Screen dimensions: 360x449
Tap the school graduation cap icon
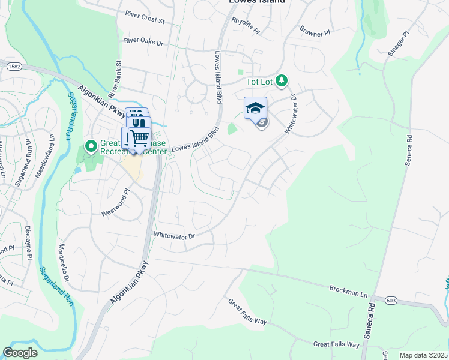coord(255,108)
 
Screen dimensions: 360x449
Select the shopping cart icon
coord(139,138)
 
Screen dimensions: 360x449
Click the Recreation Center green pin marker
coord(91,146)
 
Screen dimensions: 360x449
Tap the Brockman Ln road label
coord(348,289)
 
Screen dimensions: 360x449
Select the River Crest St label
coord(145,19)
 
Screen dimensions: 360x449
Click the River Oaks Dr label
coord(143,41)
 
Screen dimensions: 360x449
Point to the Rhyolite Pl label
coord(246,25)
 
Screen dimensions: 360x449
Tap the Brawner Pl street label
coord(315,31)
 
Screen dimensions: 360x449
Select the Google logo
coord(20,353)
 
